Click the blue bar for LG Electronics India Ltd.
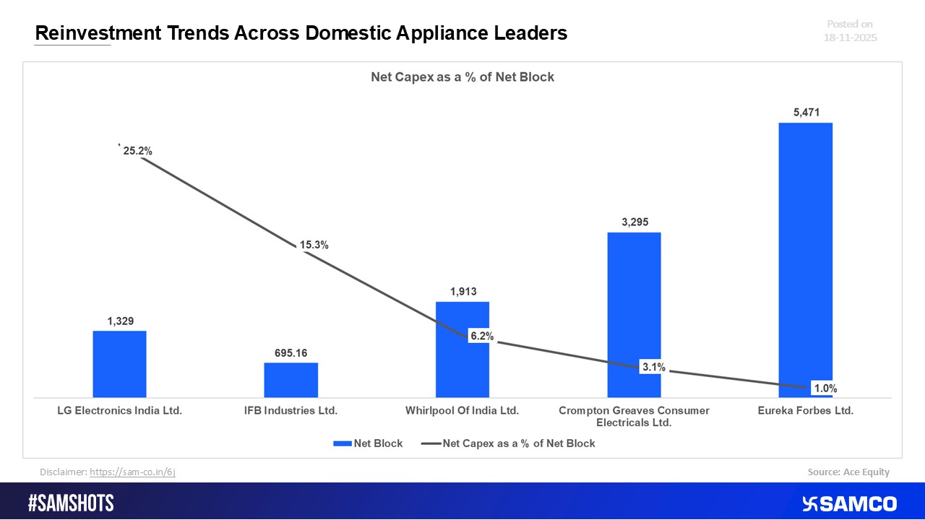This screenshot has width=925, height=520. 119,364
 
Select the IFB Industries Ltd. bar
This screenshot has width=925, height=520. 291,380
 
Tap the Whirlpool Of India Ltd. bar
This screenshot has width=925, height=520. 462,318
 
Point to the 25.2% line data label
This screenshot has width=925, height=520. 137,151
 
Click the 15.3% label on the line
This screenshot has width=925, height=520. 314,245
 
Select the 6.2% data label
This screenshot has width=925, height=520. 481,336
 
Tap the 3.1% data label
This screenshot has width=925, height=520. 653,367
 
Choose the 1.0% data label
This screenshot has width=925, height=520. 825,389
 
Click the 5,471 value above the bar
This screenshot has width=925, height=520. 805,112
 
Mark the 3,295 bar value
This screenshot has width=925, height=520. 634,221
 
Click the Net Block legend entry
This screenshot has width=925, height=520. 368,443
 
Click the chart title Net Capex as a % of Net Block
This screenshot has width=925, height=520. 462,77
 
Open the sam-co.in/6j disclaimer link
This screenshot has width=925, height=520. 132,472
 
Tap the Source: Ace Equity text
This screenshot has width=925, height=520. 848,472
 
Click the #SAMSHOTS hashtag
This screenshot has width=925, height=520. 71,503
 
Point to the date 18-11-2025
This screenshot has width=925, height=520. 850,38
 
